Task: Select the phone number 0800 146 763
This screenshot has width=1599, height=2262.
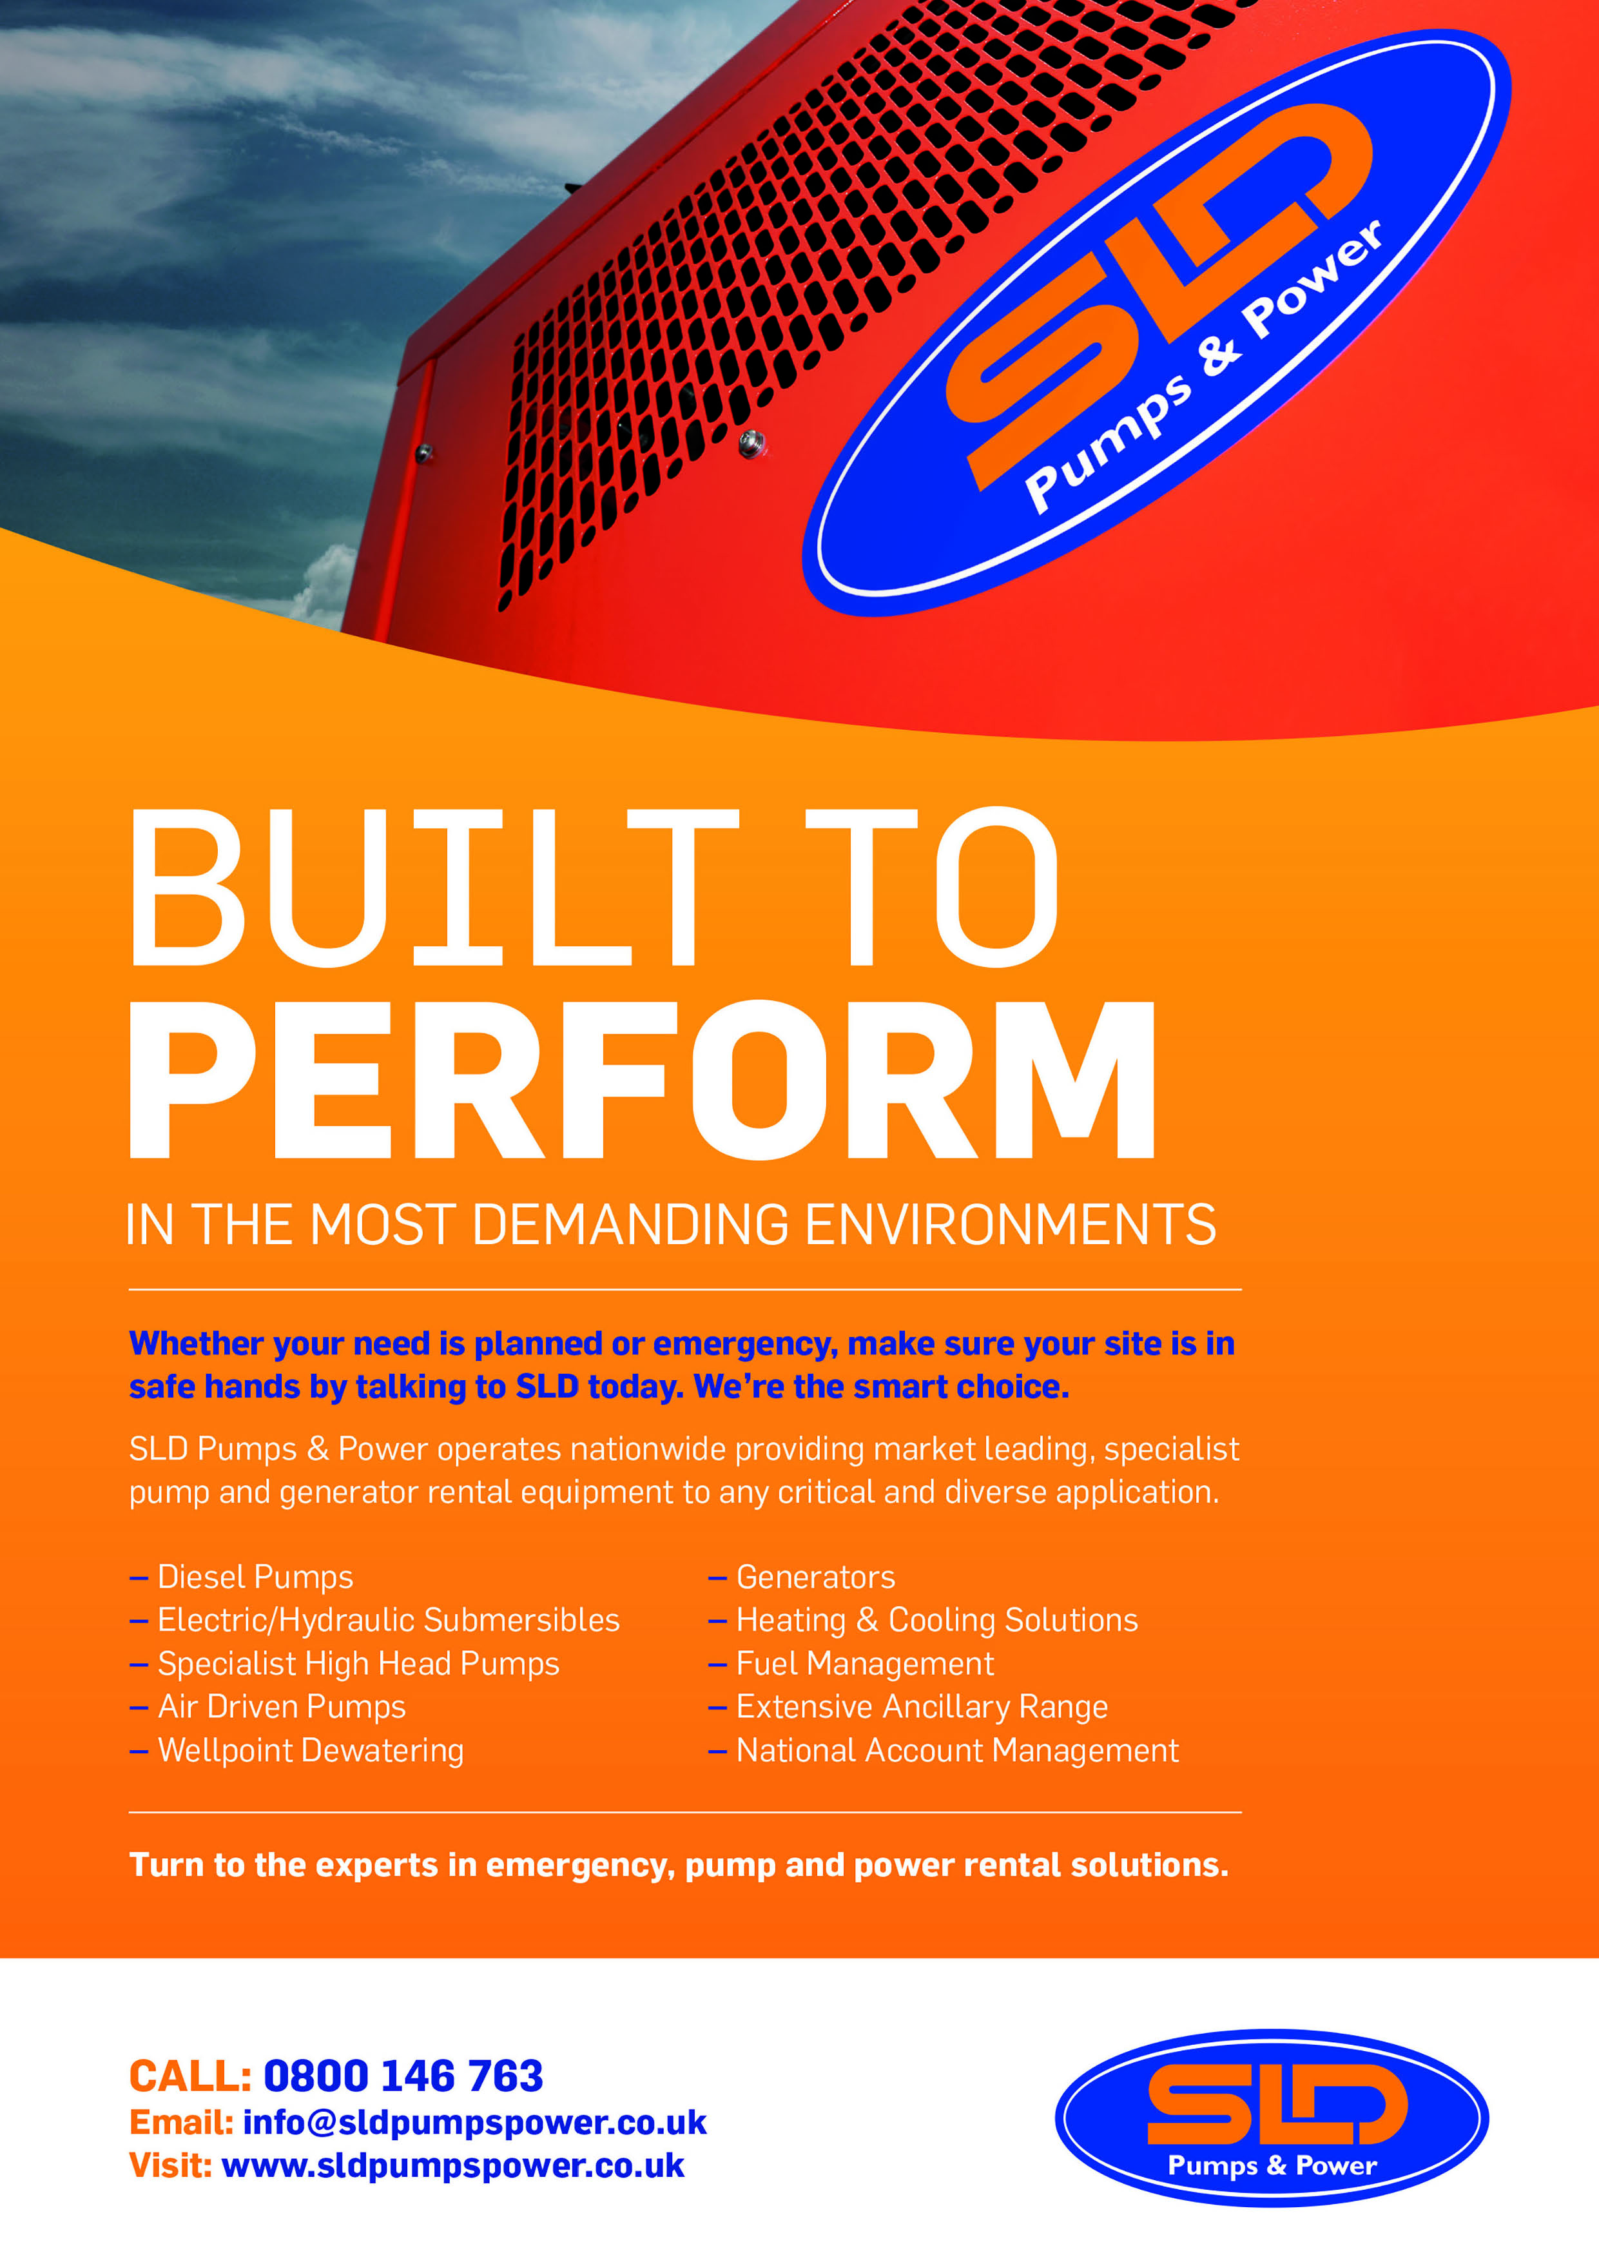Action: click(x=403, y=2076)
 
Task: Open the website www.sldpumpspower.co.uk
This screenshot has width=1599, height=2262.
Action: click(x=452, y=2165)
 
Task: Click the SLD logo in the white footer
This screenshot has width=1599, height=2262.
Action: click(x=1271, y=2118)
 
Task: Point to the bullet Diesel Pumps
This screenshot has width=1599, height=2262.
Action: click(x=242, y=1577)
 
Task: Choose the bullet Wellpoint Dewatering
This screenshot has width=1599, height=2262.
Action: click(x=296, y=1751)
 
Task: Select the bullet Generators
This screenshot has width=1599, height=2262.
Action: click(x=802, y=1577)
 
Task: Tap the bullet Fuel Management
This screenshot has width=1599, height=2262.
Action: click(x=851, y=1664)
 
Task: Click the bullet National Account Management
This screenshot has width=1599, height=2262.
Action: click(x=944, y=1751)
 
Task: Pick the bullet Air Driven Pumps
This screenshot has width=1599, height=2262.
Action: click(x=268, y=1708)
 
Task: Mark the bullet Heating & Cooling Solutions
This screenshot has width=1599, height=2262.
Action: click(x=923, y=1621)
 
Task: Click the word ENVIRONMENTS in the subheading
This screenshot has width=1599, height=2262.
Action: click(x=1011, y=1225)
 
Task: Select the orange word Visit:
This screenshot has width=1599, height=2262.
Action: click(x=170, y=2165)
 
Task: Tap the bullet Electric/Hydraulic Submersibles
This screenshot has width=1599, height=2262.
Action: click(x=374, y=1621)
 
